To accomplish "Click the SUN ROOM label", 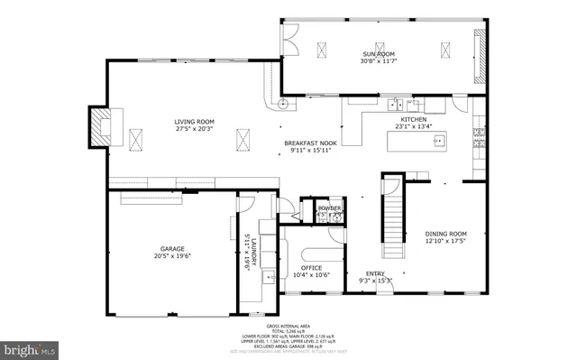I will point(379,55).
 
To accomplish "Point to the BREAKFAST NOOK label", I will point(310,143).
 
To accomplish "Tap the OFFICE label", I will point(312,267).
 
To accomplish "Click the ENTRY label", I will point(375,273).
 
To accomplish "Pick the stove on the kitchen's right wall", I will point(479,135).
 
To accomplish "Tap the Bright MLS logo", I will point(30,346).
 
